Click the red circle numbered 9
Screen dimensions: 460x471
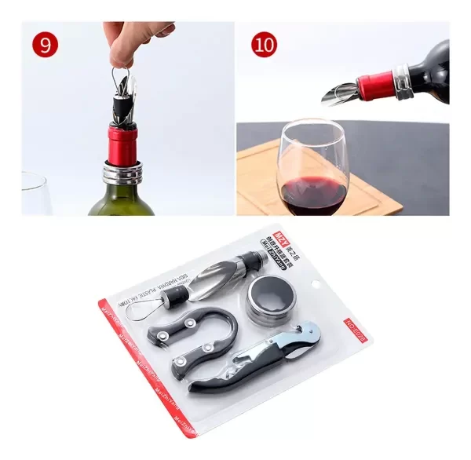pyautogui.click(x=46, y=45)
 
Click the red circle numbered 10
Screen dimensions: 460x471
pyautogui.click(x=265, y=45)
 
